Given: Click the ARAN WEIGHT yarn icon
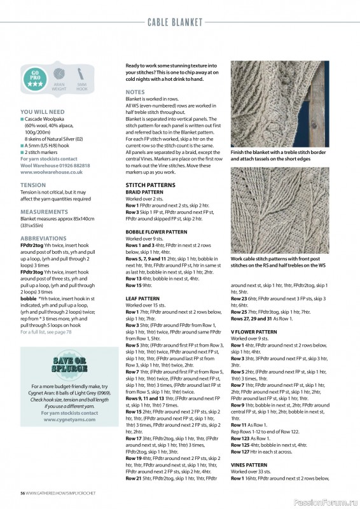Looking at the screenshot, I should [59, 77].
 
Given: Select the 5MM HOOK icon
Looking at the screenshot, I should [81, 77].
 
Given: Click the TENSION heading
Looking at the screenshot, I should [33, 185].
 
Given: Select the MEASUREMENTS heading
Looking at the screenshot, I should [44, 211].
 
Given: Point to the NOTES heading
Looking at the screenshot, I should [135, 92].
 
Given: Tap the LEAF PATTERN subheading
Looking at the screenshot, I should [142, 298].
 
